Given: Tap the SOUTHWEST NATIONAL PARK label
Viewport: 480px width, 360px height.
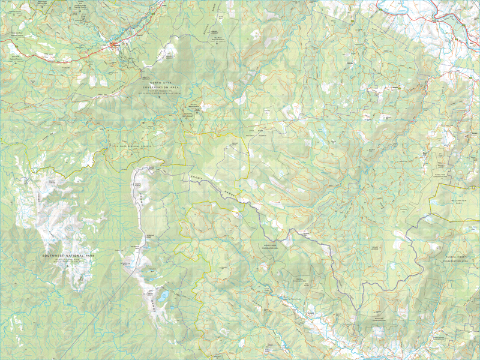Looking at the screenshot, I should tap(69, 256).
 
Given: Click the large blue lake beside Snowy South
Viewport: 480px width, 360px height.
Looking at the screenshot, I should tap(163, 295).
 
